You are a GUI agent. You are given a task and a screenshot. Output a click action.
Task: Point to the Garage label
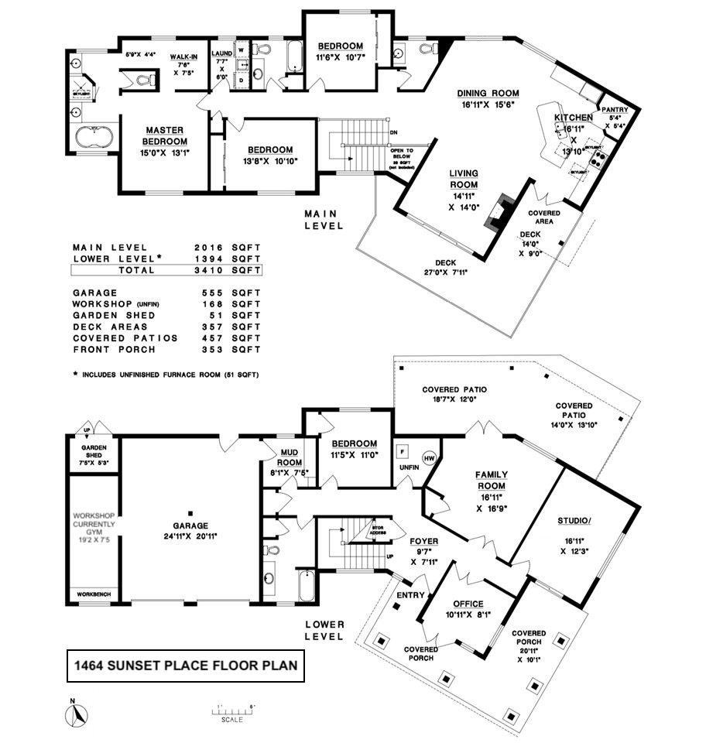click(x=189, y=513)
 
